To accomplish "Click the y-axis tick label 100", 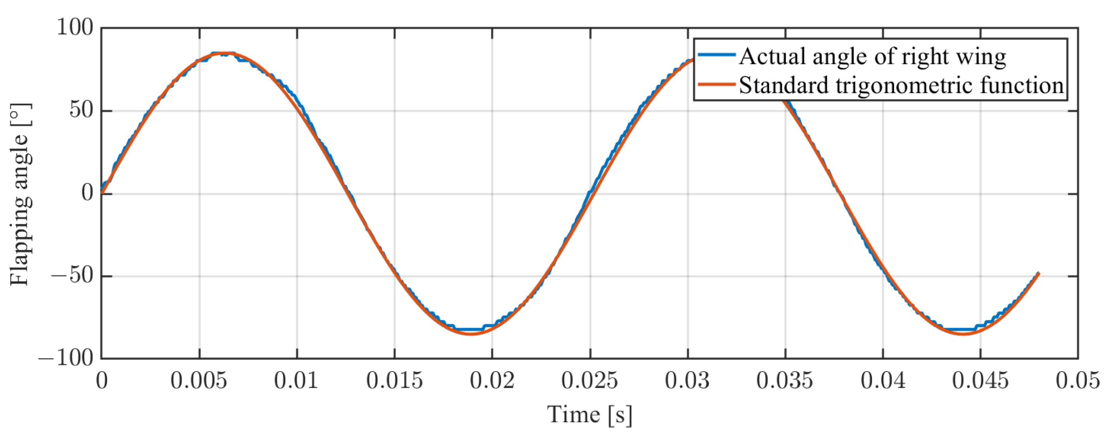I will (75, 28).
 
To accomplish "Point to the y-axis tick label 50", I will (82, 111).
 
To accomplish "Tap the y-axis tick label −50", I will (72, 276).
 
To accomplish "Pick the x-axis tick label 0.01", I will (297, 381).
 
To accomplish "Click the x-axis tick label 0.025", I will (589, 381).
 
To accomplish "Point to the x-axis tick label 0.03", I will (687, 381).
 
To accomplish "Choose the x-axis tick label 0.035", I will (785, 381).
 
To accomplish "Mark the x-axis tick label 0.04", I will (883, 381).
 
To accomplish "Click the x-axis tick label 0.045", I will (980, 381).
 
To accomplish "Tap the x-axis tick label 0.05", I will (1078, 381).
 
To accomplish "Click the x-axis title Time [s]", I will (589, 415).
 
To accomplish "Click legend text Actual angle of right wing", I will (872, 56).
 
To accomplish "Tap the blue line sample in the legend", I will (716, 55).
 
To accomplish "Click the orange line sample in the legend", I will (716, 84).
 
